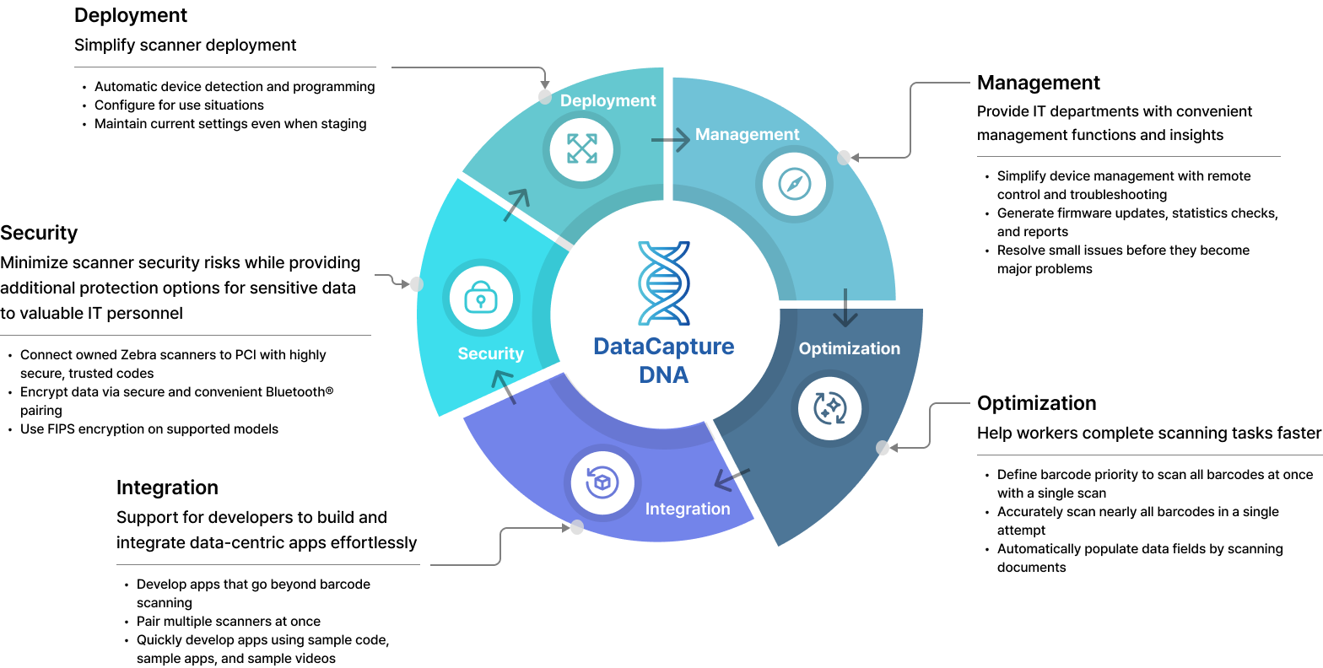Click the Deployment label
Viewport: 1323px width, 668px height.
pos(607,100)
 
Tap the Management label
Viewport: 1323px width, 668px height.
pos(747,134)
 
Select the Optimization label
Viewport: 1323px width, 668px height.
pos(849,348)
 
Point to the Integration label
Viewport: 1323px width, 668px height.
pos(688,509)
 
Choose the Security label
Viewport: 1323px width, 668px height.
pos(490,353)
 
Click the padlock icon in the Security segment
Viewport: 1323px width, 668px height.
pos(481,298)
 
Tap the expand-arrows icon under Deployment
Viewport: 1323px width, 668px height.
pos(581,148)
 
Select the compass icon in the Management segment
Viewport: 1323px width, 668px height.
pos(794,184)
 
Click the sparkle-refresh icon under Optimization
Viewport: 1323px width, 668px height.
pos(829,408)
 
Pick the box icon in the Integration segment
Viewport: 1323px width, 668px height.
pos(602,482)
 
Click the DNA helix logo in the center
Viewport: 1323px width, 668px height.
pos(664,283)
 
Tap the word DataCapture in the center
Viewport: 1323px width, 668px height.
pos(663,347)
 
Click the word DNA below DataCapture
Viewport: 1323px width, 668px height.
pos(663,375)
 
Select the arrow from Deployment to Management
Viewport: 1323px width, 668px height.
pos(672,140)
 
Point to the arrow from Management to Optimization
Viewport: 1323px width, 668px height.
pos(845,309)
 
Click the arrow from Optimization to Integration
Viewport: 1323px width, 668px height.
pos(731,478)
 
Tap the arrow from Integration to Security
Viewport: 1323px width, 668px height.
pos(504,386)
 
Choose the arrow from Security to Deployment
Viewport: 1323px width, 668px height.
pos(517,204)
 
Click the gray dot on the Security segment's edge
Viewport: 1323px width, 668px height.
pos(416,284)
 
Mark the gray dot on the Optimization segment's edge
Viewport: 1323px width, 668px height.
pos(883,447)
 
